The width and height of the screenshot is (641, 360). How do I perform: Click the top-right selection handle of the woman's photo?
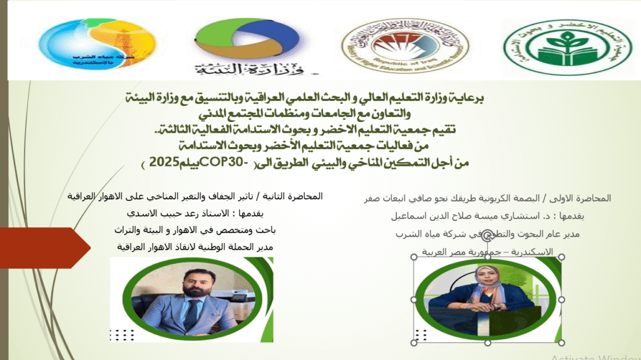click(561, 257)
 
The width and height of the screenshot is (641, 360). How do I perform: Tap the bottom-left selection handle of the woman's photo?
click(414, 342)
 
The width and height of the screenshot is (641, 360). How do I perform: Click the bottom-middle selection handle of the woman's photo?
click(487, 342)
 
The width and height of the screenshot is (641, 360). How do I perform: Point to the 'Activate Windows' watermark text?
click(595, 356)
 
